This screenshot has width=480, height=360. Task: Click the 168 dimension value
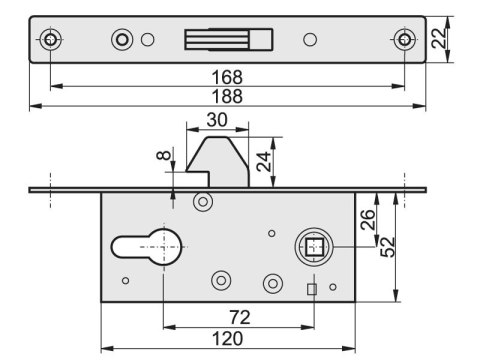(x=227, y=77)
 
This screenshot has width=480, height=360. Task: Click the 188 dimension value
(x=227, y=96)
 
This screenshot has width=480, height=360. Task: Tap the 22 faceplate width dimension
(x=438, y=38)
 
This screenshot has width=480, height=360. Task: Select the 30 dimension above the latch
(x=217, y=120)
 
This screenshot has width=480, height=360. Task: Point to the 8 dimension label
(x=164, y=155)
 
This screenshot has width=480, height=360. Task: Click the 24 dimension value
(x=264, y=161)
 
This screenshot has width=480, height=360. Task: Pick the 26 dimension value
(x=368, y=220)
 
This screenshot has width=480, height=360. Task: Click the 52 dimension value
(x=388, y=247)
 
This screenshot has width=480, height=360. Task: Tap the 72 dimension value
(x=240, y=317)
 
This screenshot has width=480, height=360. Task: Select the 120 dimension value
(x=228, y=339)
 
